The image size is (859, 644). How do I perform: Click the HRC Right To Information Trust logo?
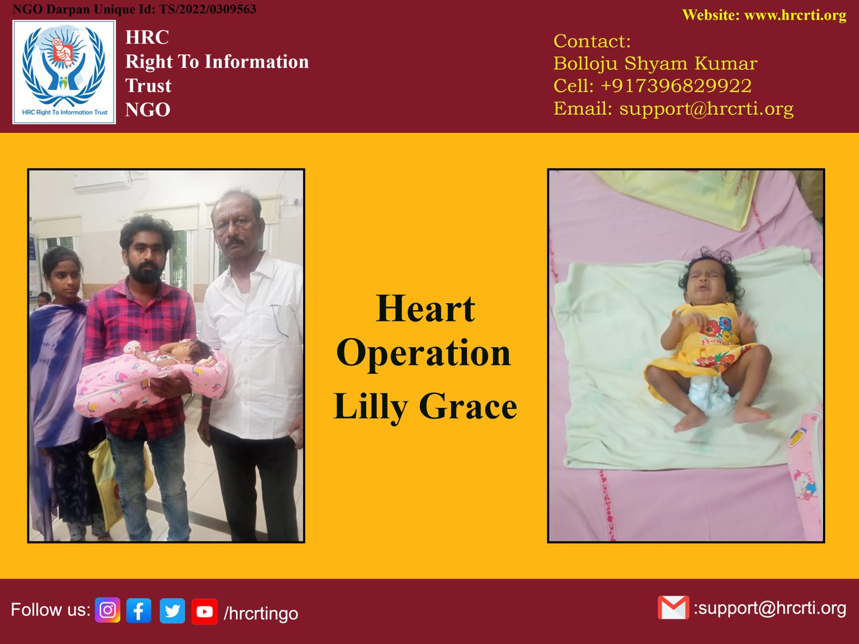coord(64,72)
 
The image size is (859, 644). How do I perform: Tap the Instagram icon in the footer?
coord(107,610)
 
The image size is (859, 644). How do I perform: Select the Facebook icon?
coord(139,610)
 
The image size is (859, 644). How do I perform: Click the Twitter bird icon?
coord(172,610)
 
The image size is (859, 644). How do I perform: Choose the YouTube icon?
coord(205,611)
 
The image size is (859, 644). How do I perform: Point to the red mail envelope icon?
coord(673,608)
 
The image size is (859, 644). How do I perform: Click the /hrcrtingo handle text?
coord(261,613)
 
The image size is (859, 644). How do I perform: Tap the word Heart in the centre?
coord(425,309)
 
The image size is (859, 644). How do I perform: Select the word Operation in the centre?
coord(424,353)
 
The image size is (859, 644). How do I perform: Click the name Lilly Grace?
coord(425,407)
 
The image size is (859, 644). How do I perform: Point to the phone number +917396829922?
coord(676,86)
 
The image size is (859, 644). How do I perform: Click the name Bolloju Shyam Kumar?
coord(656,63)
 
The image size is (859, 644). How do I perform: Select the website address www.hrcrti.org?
coord(795,15)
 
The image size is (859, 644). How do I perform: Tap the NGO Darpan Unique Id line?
coord(134,9)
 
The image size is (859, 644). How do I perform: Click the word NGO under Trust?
coord(148,109)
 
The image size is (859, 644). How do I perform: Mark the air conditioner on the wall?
coord(103,182)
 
